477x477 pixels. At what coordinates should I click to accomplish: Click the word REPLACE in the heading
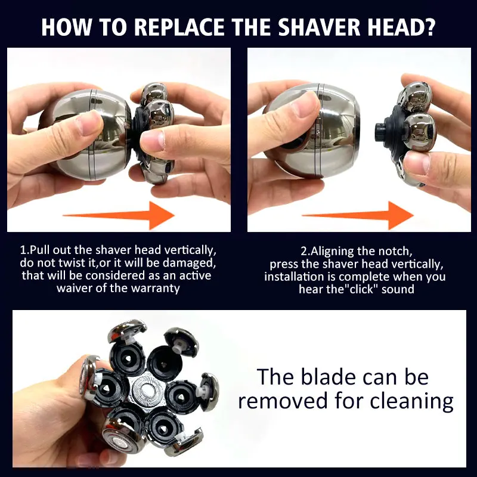pyautogui.click(x=179, y=27)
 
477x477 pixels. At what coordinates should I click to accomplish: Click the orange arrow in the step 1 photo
pyautogui.click(x=119, y=215)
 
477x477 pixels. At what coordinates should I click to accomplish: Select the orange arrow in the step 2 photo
pyautogui.click(x=358, y=215)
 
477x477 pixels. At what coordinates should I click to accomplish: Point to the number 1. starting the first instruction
pyautogui.click(x=24, y=250)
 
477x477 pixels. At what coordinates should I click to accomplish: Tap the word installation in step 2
pyautogui.click(x=293, y=277)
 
